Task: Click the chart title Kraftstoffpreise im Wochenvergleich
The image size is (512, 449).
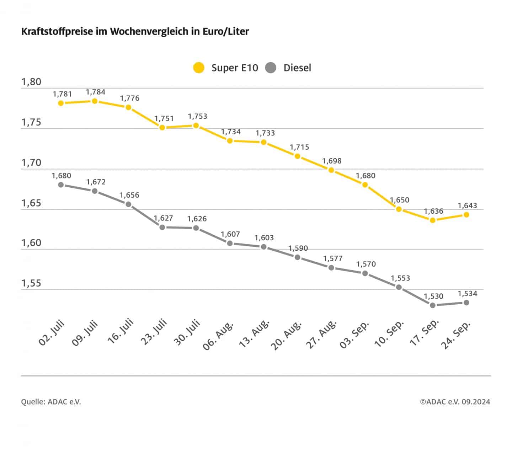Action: [135, 31]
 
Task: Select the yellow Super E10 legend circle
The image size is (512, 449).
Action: [199, 68]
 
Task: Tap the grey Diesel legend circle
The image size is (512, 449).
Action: [271, 68]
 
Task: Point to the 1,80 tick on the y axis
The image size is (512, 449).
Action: [31, 82]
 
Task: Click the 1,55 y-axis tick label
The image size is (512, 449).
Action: [31, 283]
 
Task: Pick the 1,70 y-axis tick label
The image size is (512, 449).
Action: [31, 163]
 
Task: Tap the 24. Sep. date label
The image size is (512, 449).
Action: [456, 335]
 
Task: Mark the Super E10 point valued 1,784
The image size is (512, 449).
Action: [95, 101]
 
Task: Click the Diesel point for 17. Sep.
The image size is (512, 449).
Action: [433, 305]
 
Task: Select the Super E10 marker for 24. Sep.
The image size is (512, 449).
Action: [466, 215]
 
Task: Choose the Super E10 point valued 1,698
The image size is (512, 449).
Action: [331, 170]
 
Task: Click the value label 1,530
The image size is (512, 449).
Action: [434, 296]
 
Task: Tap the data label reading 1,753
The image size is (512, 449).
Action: [197, 116]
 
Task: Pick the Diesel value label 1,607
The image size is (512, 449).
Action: [230, 234]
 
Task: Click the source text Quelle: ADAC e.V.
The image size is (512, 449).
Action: [51, 402]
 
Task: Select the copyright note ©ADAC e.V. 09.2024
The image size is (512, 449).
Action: [455, 402]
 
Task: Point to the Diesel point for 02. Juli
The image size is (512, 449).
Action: [61, 185]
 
